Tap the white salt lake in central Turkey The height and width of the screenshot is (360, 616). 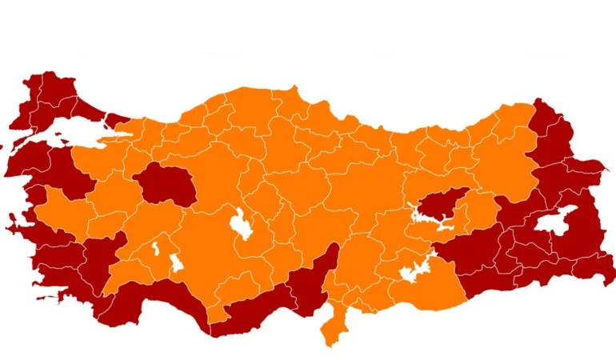click(x=238, y=223)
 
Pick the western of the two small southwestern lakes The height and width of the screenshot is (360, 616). click(x=156, y=249)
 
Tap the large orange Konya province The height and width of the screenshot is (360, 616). click(x=208, y=248)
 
